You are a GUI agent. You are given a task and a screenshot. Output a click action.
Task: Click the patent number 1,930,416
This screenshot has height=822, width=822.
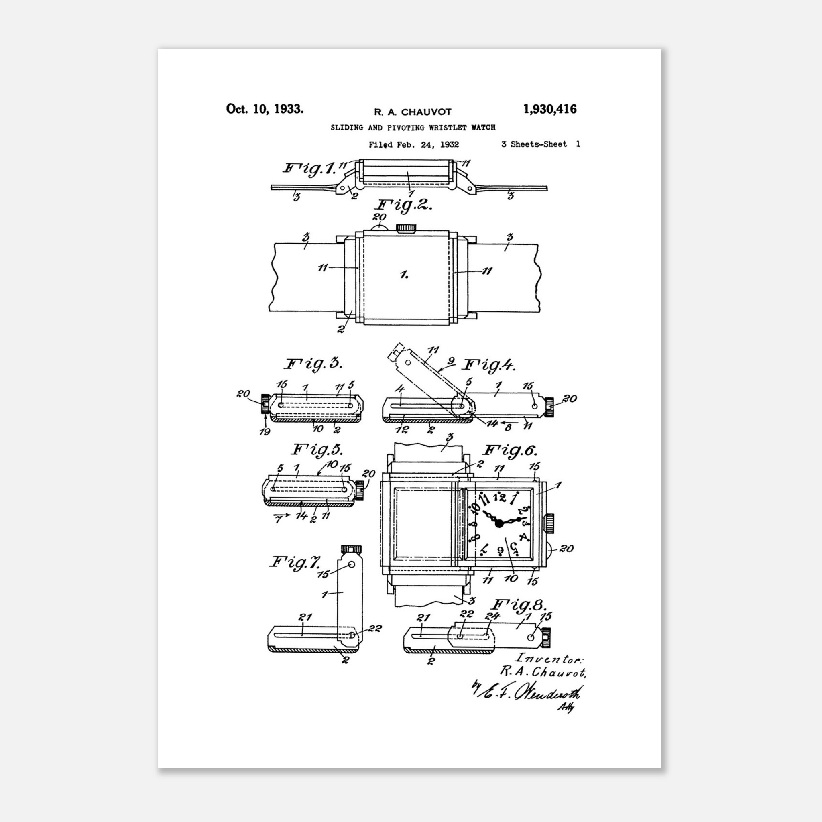550,109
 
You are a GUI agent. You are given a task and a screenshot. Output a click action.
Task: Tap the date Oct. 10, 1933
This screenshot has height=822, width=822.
265,109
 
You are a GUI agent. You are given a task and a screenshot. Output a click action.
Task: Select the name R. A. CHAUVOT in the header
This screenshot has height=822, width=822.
412,112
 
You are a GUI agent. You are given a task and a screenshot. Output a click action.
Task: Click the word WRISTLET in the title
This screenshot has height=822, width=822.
447,127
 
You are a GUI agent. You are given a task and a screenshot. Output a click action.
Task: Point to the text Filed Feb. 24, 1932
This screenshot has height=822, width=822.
413,144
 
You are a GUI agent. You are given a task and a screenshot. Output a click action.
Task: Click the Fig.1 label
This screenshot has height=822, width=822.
309,168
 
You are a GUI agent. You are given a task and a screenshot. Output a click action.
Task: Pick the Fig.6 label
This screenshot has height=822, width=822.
511,451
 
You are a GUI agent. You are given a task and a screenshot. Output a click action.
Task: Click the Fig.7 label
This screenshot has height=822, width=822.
295,562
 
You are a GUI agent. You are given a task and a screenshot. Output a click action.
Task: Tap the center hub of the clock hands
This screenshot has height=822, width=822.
499,523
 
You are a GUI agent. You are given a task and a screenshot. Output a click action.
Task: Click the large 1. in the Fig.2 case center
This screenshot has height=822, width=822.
404,275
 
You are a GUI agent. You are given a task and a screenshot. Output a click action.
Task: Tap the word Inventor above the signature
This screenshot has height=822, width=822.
548,659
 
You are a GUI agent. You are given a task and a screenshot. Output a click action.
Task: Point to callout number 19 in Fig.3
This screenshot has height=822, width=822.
264,432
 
